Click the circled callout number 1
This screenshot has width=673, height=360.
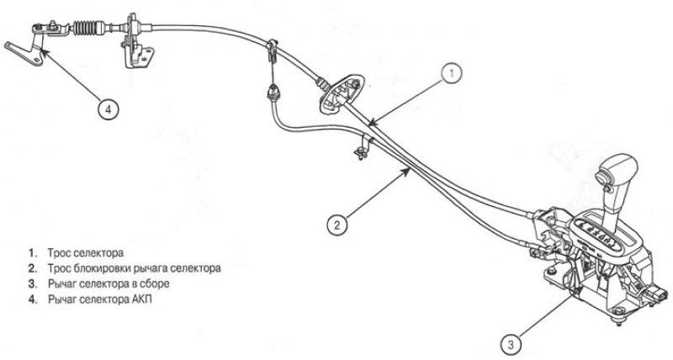[x=451, y=74]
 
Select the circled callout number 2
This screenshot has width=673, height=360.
[x=337, y=225]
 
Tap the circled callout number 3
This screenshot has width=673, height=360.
[x=511, y=345]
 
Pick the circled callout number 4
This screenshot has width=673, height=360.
[x=109, y=110]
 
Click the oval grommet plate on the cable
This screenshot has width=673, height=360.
[x=342, y=93]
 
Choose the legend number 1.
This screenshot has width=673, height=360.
[x=31, y=253]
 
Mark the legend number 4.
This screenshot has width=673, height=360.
[x=31, y=300]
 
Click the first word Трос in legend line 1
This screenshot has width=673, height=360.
[x=58, y=253]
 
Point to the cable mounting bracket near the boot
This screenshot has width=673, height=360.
[x=136, y=45]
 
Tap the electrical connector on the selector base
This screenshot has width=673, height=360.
[x=657, y=294]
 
